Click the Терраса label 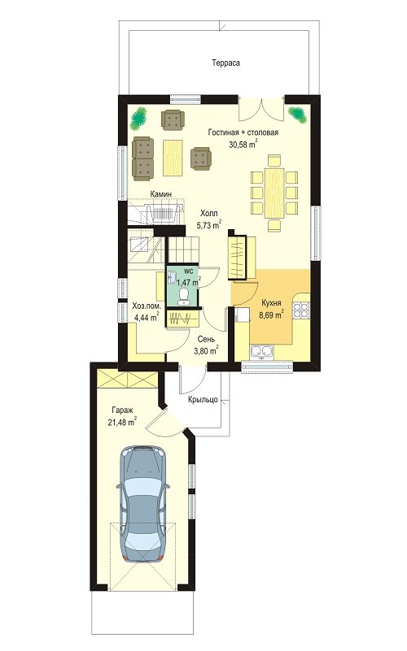click(x=225, y=63)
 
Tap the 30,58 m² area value click(x=243, y=144)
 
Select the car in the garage click(x=143, y=504)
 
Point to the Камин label click(x=161, y=194)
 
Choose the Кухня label click(x=271, y=303)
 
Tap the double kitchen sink click(x=262, y=352)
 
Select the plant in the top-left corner click(x=139, y=118)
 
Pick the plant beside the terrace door click(x=298, y=114)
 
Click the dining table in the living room click(x=274, y=193)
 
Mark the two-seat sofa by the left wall click(x=143, y=159)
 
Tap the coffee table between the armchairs click(x=173, y=158)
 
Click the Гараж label click(x=122, y=410)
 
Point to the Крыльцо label click(x=203, y=399)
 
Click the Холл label click(x=208, y=214)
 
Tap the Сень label click(x=206, y=339)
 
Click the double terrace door click(x=261, y=109)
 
